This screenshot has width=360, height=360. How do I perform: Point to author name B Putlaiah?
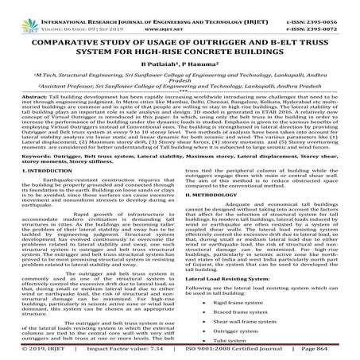[x=162, y=64]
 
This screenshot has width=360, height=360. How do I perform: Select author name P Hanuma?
[x=202, y=64]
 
